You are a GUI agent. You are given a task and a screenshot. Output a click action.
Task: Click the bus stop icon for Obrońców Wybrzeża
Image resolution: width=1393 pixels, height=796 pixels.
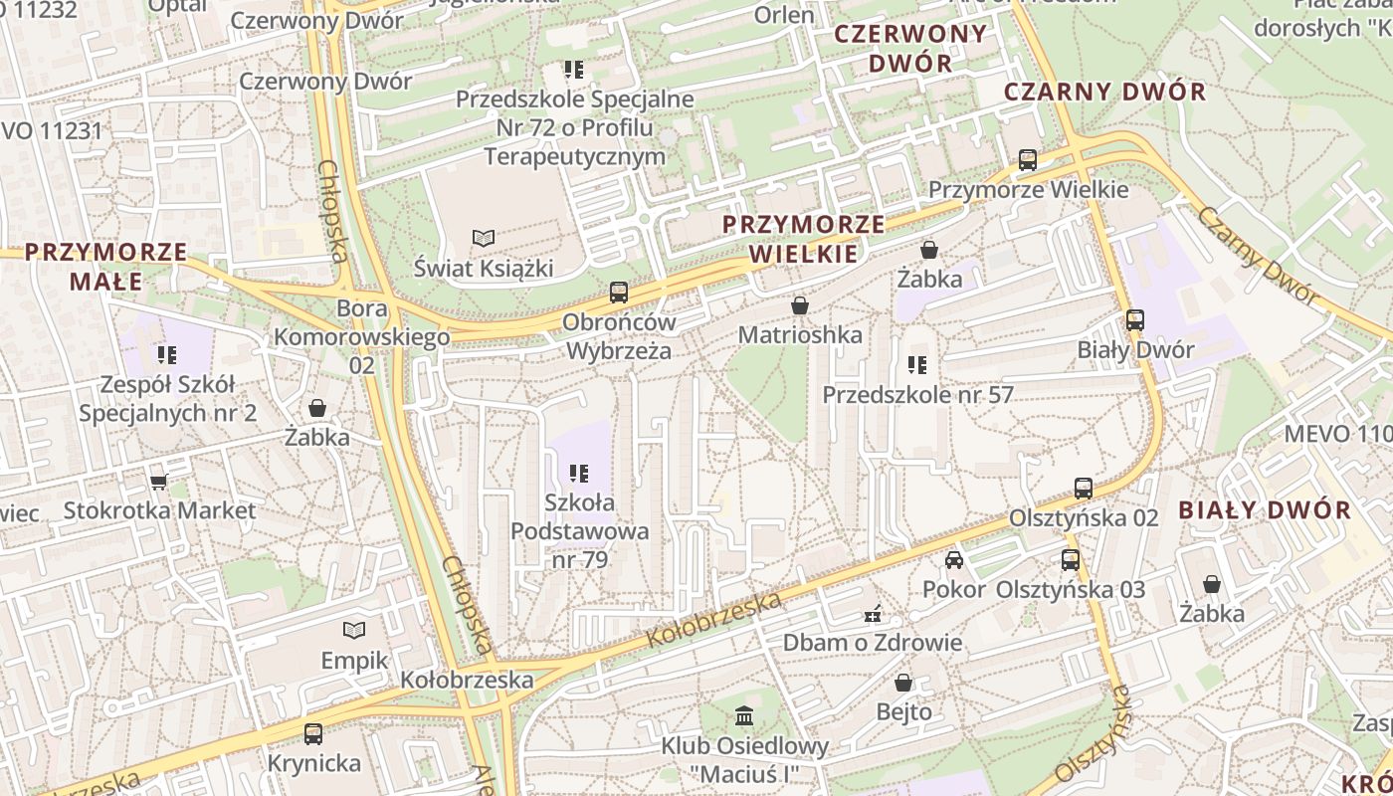618,293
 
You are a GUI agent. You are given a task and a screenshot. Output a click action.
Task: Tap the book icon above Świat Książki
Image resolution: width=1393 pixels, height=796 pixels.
484,239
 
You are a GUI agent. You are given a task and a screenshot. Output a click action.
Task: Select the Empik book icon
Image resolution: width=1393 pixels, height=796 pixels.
354,630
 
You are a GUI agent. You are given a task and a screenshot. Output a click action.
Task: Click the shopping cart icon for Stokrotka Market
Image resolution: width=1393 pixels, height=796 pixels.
158,482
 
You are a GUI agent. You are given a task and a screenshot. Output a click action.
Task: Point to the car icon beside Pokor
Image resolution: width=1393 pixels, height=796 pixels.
954,559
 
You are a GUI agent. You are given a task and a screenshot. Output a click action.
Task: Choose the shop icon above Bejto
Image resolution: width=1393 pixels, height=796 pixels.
903,683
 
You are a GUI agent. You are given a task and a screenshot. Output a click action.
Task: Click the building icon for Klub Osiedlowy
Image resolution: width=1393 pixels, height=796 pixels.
744,715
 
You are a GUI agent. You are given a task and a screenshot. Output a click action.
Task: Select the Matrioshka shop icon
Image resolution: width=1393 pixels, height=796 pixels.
799,305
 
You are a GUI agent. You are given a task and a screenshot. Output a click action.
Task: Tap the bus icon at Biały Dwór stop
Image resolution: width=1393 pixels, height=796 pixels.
1134,320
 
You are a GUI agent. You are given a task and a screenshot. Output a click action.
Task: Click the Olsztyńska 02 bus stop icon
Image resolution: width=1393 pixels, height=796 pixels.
1084,489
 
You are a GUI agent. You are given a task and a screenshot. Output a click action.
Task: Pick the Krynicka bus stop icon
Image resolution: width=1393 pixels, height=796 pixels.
313,734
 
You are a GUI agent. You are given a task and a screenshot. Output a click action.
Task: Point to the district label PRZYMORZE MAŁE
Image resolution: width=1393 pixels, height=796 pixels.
106,267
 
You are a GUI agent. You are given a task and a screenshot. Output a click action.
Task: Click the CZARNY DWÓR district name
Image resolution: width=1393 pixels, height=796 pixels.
1104,93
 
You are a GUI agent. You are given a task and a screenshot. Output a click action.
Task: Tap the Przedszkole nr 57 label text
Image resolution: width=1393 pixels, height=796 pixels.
917,395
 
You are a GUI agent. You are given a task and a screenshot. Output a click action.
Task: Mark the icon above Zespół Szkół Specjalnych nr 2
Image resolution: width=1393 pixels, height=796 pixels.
167,354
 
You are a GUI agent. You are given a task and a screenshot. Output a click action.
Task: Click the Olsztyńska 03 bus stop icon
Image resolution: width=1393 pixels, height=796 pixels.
1071,560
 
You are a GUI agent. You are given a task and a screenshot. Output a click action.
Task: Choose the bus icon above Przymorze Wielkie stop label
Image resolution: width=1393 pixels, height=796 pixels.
1028,160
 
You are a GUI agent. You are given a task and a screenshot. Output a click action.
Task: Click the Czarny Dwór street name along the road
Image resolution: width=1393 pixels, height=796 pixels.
1258,255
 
